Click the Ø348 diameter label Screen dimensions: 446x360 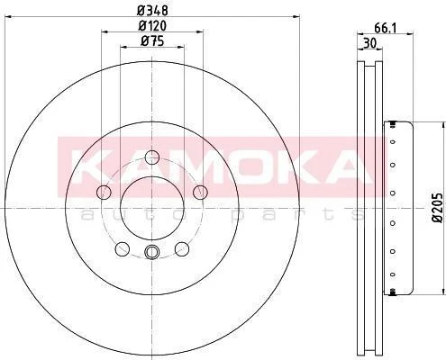(152, 11)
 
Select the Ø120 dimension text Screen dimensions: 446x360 (152, 26)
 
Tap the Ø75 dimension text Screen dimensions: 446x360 (152, 41)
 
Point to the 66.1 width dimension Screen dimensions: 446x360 (386, 28)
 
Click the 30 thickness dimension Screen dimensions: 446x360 (369, 43)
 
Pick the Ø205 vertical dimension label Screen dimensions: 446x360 (437, 208)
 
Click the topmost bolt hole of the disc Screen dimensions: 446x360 (151, 157)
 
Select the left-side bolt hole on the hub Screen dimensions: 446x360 (104, 192)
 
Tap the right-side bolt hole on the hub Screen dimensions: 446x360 (200, 192)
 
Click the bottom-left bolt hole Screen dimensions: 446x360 (123, 249)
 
